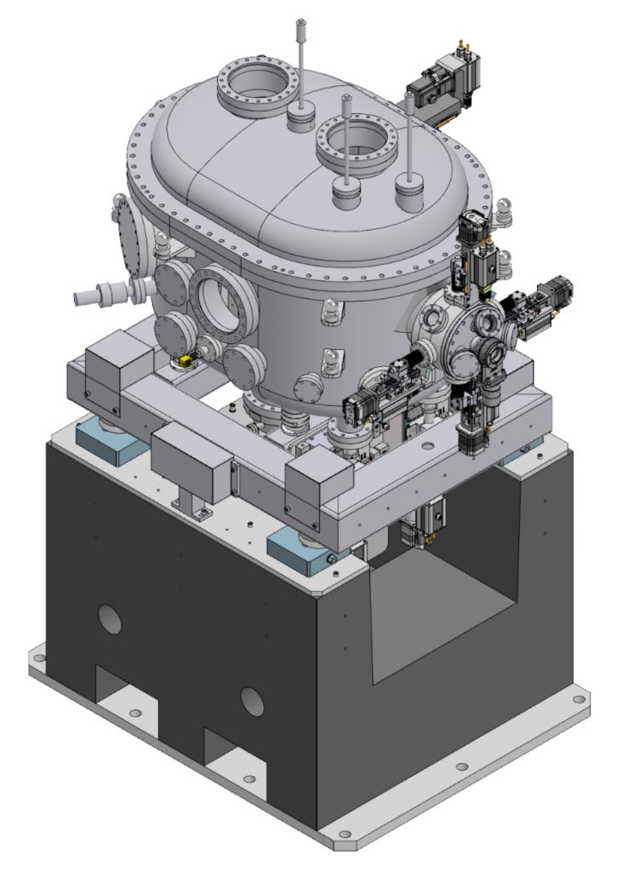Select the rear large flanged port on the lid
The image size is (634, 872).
point(258,85)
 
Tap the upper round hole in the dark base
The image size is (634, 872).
point(109,620)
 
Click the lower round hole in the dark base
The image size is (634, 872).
point(252,701)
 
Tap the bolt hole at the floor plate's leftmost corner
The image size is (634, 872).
point(37,657)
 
